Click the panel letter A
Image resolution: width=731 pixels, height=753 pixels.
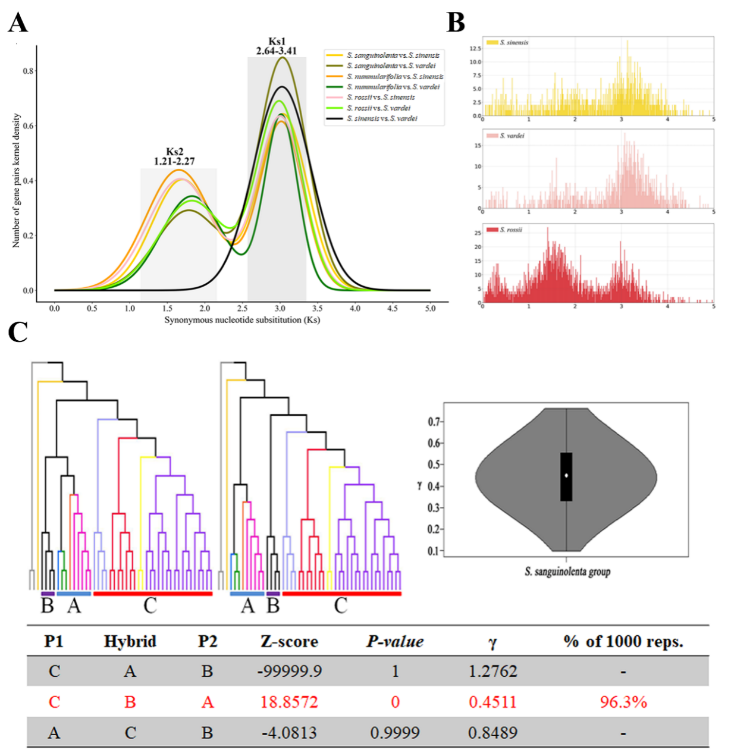coord(18,23)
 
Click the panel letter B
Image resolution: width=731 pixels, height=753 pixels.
coord(456,23)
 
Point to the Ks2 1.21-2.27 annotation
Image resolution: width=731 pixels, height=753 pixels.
coord(174,156)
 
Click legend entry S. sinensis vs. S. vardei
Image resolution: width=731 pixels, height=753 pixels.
coord(382,119)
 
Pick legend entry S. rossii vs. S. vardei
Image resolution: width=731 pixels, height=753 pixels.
coord(378,108)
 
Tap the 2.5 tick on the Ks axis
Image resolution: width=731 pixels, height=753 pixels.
coord(242,309)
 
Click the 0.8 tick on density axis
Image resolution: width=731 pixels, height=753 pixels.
coord(28,71)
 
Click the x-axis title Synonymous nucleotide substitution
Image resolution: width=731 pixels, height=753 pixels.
coord(242,320)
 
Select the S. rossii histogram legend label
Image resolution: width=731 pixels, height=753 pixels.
coord(511,230)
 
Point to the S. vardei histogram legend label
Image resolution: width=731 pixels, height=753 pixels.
coord(512,136)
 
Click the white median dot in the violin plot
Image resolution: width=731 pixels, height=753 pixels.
coord(566,475)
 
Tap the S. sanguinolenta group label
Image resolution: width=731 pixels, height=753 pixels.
coord(567,572)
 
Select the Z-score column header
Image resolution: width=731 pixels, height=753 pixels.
coord(289,641)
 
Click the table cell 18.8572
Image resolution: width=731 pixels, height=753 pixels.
coord(289,702)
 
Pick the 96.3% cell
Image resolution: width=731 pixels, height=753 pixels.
coord(623,702)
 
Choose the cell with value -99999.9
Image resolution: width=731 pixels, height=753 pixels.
coord(290,672)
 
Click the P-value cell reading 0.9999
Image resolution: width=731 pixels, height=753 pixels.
coord(395,733)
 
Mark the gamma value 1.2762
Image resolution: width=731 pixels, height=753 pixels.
coord(492,672)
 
